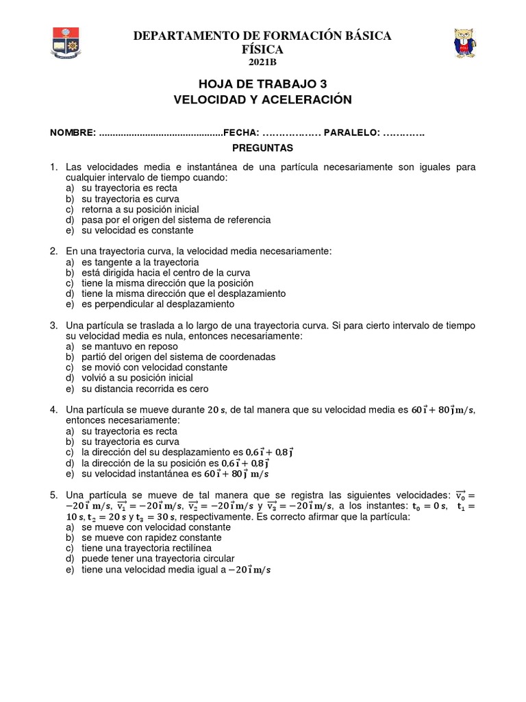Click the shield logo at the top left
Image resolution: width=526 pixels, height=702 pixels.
pyautogui.click(x=66, y=42)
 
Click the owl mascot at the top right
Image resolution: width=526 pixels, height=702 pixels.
pyautogui.click(x=466, y=43)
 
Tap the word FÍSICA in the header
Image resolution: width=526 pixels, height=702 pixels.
pyautogui.click(x=262, y=49)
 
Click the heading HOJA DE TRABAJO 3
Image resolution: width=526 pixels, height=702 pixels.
pyautogui.click(x=262, y=84)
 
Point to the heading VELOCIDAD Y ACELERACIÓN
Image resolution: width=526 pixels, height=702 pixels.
pyautogui.click(x=263, y=100)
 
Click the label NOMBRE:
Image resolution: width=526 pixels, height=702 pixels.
pyautogui.click(x=72, y=133)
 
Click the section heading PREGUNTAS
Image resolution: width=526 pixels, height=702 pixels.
pyautogui.click(x=262, y=148)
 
